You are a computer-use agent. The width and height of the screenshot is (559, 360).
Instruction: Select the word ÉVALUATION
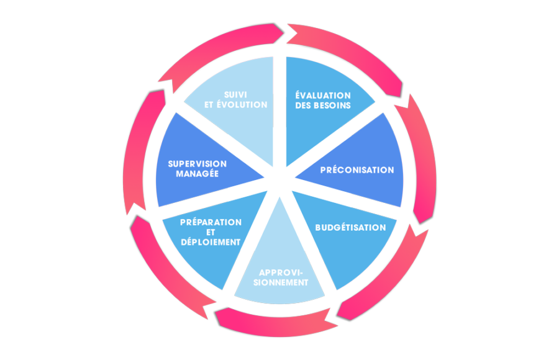pos(323,95)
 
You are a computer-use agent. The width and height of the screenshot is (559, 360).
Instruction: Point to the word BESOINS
pos(333,106)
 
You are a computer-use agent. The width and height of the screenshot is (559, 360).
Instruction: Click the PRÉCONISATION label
pos(357,169)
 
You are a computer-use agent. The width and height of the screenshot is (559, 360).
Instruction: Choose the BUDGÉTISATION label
pos(350,227)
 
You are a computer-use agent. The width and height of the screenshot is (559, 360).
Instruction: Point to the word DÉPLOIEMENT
pos(211,242)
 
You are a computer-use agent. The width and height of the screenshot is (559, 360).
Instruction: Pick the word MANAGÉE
pos(197,174)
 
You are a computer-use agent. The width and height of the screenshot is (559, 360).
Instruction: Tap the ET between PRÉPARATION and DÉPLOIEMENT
pos(210,232)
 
